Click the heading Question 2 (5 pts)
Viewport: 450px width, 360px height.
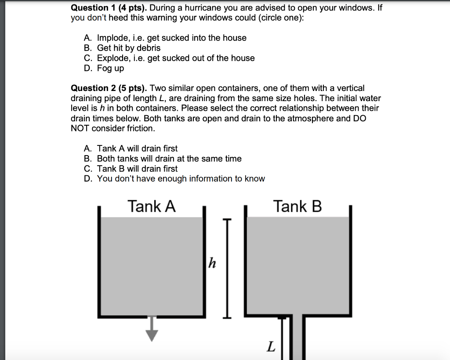[x=109, y=88]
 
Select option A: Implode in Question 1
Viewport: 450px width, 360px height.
[x=171, y=38]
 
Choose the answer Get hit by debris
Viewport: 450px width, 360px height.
[x=128, y=48]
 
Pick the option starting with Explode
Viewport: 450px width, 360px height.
[x=175, y=58]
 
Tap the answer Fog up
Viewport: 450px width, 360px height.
[x=110, y=68]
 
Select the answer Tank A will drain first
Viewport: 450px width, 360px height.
[x=137, y=149]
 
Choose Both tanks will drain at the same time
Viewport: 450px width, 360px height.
[x=169, y=159]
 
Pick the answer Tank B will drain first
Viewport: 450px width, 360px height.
[x=137, y=169]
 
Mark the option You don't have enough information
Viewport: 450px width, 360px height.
[x=181, y=179]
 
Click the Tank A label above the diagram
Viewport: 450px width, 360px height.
[x=152, y=206]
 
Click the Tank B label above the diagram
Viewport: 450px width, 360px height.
[x=298, y=206]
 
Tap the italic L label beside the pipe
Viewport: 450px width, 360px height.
[x=271, y=347]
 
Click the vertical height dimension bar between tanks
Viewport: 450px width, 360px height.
[x=227, y=268]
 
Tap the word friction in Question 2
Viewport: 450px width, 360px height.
[x=141, y=128]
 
